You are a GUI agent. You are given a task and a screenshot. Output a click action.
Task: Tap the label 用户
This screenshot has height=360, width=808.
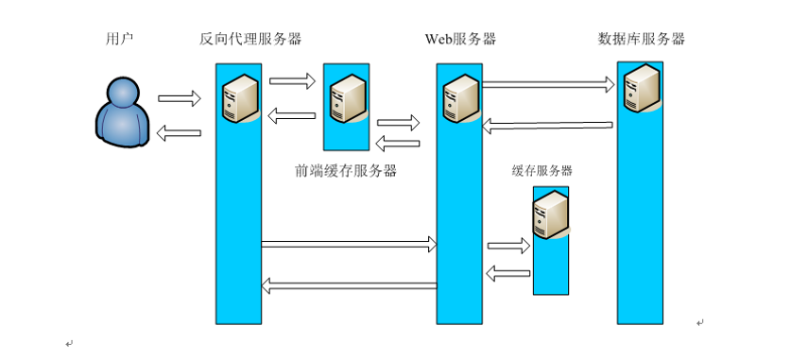(121, 40)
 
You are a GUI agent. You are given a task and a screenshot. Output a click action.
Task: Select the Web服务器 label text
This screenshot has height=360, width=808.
(460, 40)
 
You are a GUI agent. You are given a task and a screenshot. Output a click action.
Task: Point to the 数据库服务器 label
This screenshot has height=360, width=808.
(642, 40)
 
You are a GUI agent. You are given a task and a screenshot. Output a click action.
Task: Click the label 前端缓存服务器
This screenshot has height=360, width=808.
(345, 171)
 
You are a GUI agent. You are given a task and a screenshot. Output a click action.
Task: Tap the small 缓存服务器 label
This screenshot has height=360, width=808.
(542, 171)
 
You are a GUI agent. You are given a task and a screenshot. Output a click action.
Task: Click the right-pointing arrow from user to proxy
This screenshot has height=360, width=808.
(180, 98)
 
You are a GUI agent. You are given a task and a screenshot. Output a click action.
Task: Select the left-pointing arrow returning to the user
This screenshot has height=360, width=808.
(179, 134)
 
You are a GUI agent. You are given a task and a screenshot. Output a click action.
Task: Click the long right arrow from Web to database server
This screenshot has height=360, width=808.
(549, 85)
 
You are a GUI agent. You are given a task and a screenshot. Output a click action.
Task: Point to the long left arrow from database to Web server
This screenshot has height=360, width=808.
(548, 124)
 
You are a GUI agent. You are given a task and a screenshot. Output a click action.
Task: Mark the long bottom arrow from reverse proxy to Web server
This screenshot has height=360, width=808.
(350, 246)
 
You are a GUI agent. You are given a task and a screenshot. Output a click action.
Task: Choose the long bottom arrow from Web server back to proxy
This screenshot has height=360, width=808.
(350, 284)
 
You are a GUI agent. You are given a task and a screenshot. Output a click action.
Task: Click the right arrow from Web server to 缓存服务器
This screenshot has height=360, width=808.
(508, 247)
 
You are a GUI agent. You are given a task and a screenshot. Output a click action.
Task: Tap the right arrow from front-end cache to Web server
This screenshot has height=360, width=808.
(398, 123)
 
